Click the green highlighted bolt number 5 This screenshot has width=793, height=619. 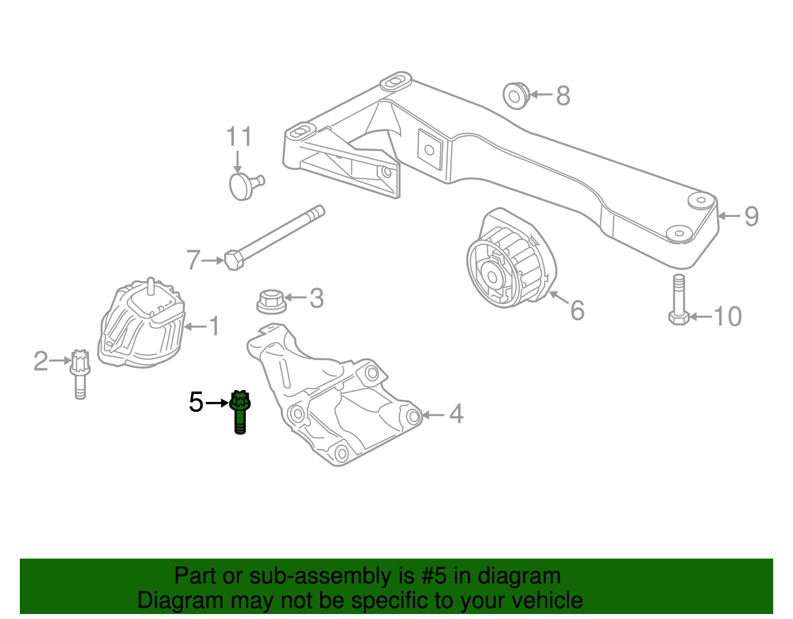click(240, 411)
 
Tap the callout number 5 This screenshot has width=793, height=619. click(196, 402)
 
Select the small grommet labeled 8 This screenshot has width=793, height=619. click(515, 96)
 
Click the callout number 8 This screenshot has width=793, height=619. click(563, 96)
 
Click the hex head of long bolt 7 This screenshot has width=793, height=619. click(233, 260)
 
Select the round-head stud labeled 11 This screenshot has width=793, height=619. click(244, 185)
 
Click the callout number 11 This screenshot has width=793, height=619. click(239, 137)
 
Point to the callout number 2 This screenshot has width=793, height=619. click(41, 361)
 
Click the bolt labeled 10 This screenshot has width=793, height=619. click(679, 300)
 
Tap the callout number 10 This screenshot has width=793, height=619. click(727, 316)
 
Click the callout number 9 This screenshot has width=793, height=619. click(751, 216)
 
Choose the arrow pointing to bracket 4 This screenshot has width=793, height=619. click(433, 415)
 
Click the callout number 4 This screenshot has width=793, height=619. click(456, 414)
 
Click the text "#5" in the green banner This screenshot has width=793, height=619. click(434, 576)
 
